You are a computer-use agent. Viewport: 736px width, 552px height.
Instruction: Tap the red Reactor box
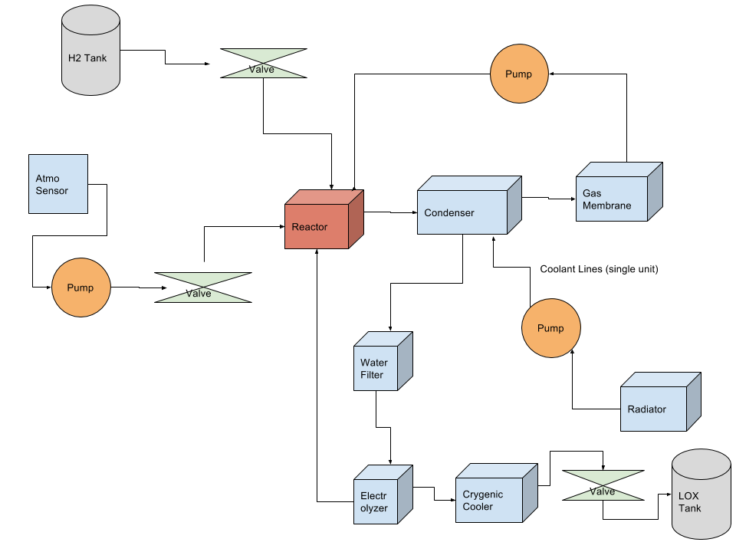coord(317,225)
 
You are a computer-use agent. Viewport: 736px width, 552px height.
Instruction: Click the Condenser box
coord(462,212)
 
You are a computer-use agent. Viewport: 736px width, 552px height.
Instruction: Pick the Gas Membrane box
coord(612,199)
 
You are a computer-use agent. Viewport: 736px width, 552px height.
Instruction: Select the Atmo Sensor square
coord(58,184)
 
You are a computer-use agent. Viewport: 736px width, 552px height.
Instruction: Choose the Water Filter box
coord(376,368)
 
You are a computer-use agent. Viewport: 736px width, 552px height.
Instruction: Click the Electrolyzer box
coord(376,501)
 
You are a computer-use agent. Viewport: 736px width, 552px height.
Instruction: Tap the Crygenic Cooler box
coord(488,500)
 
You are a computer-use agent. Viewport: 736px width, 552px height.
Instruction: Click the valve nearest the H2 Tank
coord(263,64)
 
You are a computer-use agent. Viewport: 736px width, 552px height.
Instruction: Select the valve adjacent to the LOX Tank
coord(603,485)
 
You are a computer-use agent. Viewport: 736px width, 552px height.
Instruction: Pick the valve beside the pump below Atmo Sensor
coord(202,287)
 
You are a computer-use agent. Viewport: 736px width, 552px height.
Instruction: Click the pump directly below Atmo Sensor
coord(80,287)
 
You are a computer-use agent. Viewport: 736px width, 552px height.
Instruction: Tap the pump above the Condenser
coord(520,74)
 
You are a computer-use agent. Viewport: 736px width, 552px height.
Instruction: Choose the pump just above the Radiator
coord(550,328)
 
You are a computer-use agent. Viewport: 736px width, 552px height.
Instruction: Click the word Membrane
coord(606,205)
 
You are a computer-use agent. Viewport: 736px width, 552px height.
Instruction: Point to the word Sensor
coord(52,191)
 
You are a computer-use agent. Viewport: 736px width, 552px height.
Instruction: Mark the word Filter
coord(372,375)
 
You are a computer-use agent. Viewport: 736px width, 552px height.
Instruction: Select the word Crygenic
coord(483,495)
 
